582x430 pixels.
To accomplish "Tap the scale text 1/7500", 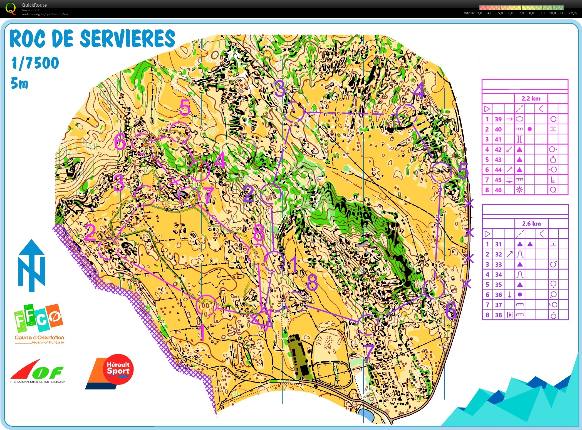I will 35,63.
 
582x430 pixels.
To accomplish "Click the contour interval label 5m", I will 19,83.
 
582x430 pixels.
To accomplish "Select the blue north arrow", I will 32,265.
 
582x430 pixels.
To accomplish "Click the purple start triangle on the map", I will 262,319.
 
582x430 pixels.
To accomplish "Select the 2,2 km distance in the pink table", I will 531,98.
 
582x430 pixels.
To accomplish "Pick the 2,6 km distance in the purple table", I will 531,224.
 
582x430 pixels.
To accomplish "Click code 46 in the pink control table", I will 498,190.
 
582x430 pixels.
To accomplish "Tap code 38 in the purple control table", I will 499,315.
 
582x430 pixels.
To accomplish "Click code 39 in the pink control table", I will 498,119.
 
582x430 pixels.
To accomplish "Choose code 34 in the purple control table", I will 499,275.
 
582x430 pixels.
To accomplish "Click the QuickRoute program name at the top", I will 34,5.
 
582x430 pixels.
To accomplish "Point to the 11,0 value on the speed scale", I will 563,13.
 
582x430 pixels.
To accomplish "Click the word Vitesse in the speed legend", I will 469,13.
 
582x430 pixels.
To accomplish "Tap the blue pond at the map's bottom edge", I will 366,416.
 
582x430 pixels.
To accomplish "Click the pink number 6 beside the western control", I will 120,142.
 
